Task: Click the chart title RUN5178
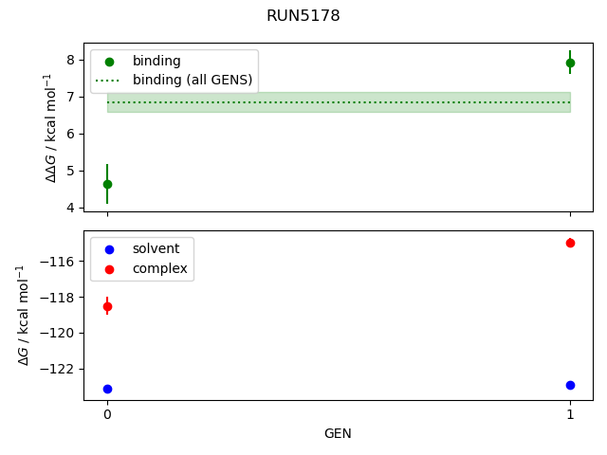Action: [303, 16]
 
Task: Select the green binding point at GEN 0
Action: [107, 184]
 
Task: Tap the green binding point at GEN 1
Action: [570, 63]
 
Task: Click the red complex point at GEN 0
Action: [107, 306]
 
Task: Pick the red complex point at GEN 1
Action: [570, 243]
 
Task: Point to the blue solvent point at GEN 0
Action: [107, 389]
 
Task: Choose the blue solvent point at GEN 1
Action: [570, 385]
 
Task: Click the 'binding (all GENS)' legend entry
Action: [193, 80]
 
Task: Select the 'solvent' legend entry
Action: [156, 248]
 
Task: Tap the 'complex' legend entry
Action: [159, 269]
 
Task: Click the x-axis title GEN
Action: [338, 434]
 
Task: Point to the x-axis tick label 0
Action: [107, 414]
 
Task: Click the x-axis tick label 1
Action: [570, 414]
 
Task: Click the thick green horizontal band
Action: [339, 102]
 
